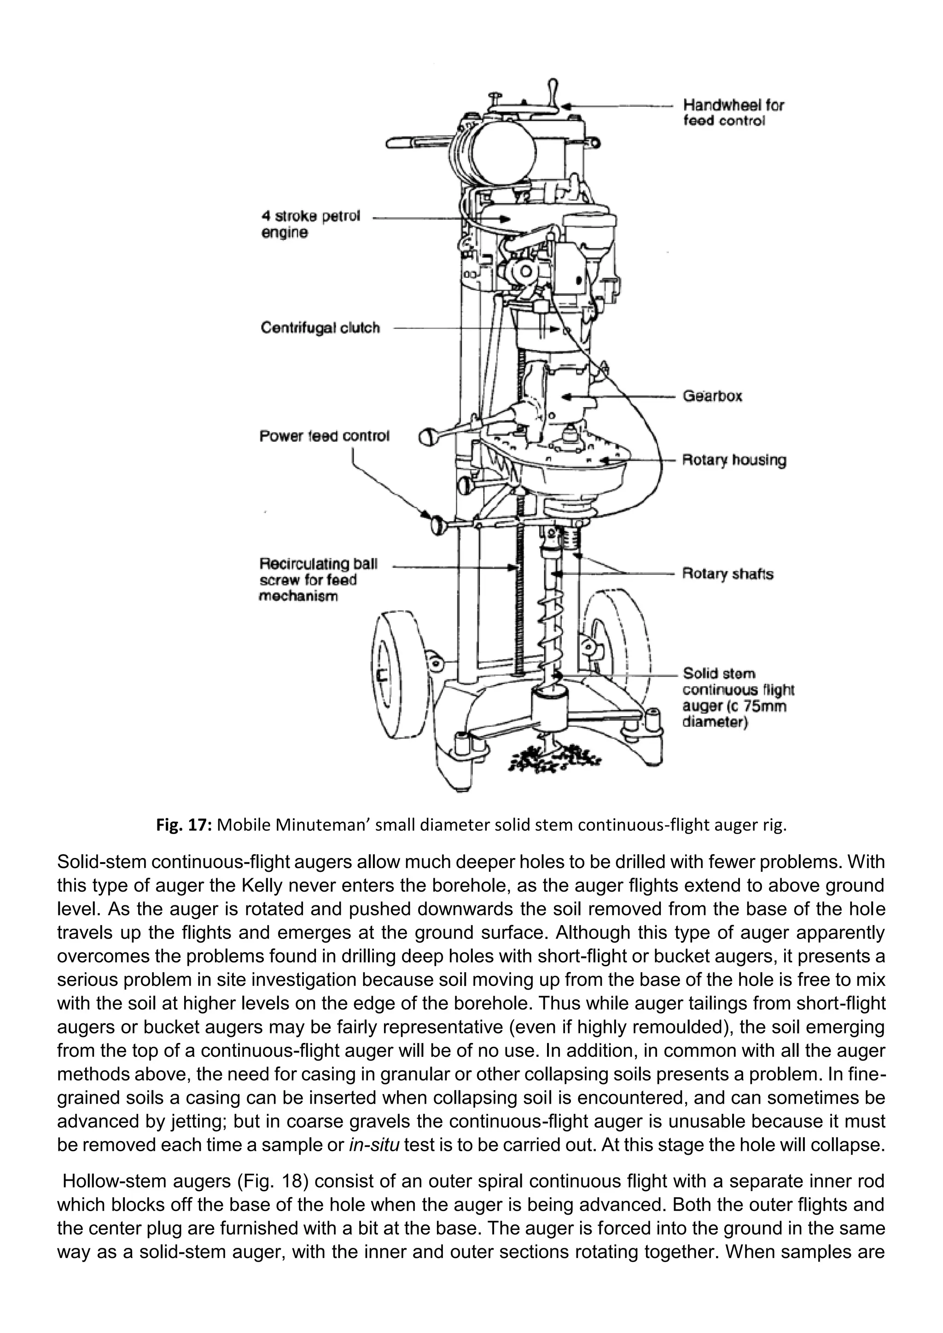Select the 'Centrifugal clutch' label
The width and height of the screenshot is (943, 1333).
click(x=320, y=328)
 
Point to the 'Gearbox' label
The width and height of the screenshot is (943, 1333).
click(x=712, y=396)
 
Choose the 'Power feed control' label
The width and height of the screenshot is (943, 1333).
click(x=324, y=436)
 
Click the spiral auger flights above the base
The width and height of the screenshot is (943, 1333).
click(x=549, y=633)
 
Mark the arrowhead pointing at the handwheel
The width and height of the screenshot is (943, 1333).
click(x=567, y=107)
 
